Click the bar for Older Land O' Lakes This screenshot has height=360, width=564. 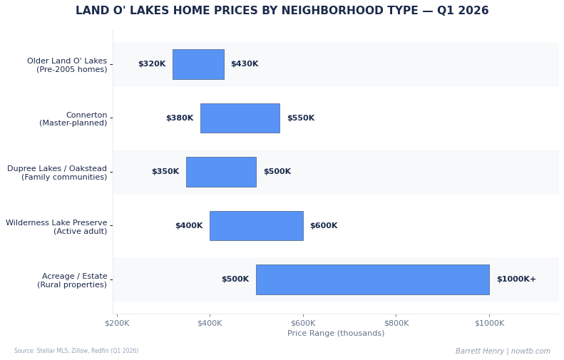pyautogui.click(x=198, y=64)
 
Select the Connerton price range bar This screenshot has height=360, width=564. pyautogui.click(x=240, y=118)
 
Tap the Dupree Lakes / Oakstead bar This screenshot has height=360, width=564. pyautogui.click(x=221, y=172)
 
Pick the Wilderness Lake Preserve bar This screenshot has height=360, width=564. pyautogui.click(x=256, y=226)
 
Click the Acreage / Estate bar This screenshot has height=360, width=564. pyautogui.click(x=372, y=279)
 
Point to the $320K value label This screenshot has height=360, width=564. pyautogui.click(x=151, y=64)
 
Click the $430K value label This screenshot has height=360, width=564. pyautogui.click(x=245, y=64)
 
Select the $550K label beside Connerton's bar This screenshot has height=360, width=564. pyautogui.click(x=300, y=118)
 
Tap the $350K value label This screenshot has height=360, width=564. pyautogui.click(x=165, y=172)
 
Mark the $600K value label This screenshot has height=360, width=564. pyautogui.click(x=324, y=226)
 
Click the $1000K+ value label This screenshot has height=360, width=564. pyautogui.click(x=516, y=279)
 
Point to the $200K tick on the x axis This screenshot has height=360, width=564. pyautogui.click(x=117, y=324)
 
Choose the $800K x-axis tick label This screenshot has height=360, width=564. pyautogui.click(x=396, y=324)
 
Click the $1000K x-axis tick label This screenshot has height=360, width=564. pyautogui.click(x=489, y=324)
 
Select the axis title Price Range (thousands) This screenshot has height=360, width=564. pyautogui.click(x=336, y=334)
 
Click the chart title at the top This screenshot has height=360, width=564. pyautogui.click(x=282, y=11)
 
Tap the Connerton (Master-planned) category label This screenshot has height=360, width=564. pyautogui.click(x=73, y=119)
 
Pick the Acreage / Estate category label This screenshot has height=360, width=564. pyautogui.click(x=72, y=280)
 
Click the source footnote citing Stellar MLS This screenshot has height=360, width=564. pyautogui.click(x=76, y=351)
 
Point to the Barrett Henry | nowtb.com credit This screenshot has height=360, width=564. pyautogui.click(x=503, y=351)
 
